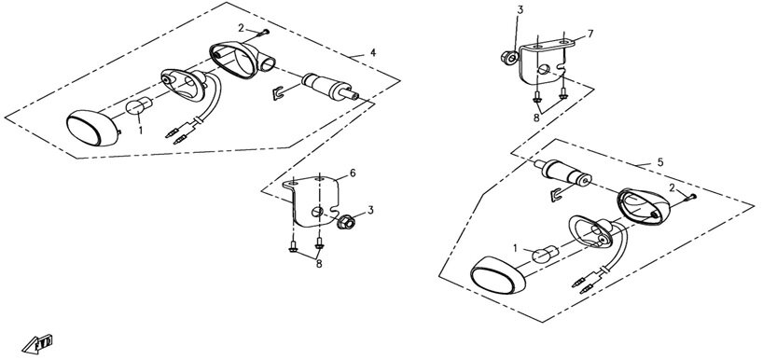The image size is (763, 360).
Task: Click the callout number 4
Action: [373, 52]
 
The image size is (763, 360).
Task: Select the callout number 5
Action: [659, 162]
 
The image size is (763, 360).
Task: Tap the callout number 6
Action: [353, 173]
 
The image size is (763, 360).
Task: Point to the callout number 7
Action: [590, 34]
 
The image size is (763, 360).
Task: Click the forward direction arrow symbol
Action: [37, 343]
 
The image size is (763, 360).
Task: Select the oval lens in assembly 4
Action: [92, 128]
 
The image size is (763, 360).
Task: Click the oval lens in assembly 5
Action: [497, 275]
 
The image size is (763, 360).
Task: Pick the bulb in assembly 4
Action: [139, 105]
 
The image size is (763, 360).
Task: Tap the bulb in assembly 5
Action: [545, 255]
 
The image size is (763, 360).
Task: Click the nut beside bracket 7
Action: [509, 58]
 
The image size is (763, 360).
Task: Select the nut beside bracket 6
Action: [345, 222]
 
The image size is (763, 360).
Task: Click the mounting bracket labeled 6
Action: [312, 201]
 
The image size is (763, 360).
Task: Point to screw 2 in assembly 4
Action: [263, 33]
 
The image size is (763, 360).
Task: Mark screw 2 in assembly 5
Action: [690, 198]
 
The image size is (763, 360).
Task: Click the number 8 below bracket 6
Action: [319, 264]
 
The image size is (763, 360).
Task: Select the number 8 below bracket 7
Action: [536, 118]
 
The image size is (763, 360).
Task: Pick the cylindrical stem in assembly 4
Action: [330, 87]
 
